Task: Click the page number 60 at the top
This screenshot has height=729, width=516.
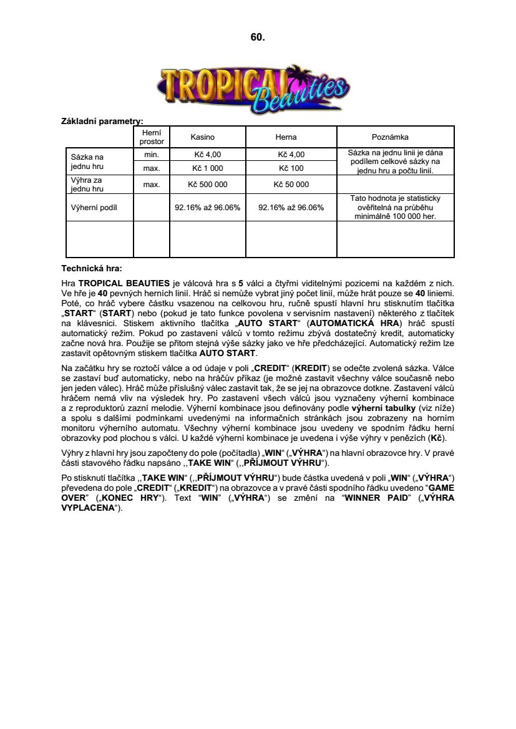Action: (258, 37)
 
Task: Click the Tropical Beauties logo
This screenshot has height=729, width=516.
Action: (254, 89)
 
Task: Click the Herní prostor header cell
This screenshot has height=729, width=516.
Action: (152, 137)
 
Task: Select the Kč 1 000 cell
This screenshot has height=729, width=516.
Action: (207, 168)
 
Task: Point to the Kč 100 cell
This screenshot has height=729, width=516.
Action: (291, 168)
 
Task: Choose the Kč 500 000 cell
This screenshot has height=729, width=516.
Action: (207, 185)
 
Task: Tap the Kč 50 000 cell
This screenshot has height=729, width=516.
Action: (291, 185)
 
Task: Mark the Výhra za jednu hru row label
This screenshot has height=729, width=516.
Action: (87, 185)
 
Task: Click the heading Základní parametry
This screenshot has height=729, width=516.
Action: (102, 120)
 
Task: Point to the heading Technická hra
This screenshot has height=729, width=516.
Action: (91, 269)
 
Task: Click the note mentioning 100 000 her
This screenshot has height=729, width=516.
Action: (395, 208)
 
